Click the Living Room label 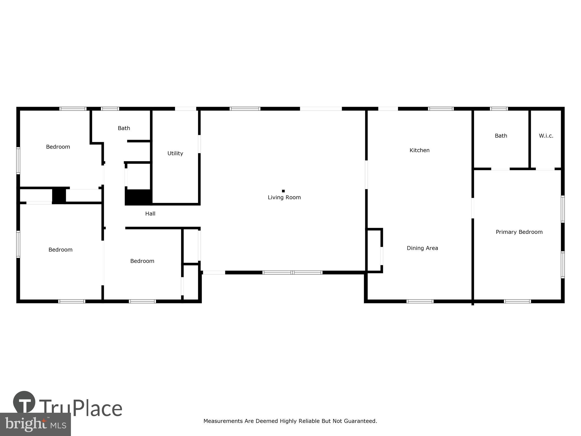pos(284,197)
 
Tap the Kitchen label pos(419,150)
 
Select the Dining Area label pos(422,248)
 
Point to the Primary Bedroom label pos(519,232)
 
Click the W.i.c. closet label pos(546,136)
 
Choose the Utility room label pos(175,153)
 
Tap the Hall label pos(150,213)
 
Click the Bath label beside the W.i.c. pos(501,136)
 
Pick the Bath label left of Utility pos(124,128)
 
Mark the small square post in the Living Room pos(283,191)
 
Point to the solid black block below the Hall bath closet pos(138,197)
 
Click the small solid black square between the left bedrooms pos(59,195)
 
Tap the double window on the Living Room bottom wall pos(292,272)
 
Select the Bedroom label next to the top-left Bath pos(58,147)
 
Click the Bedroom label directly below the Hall pos(142,261)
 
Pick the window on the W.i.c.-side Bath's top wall pos(499,109)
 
